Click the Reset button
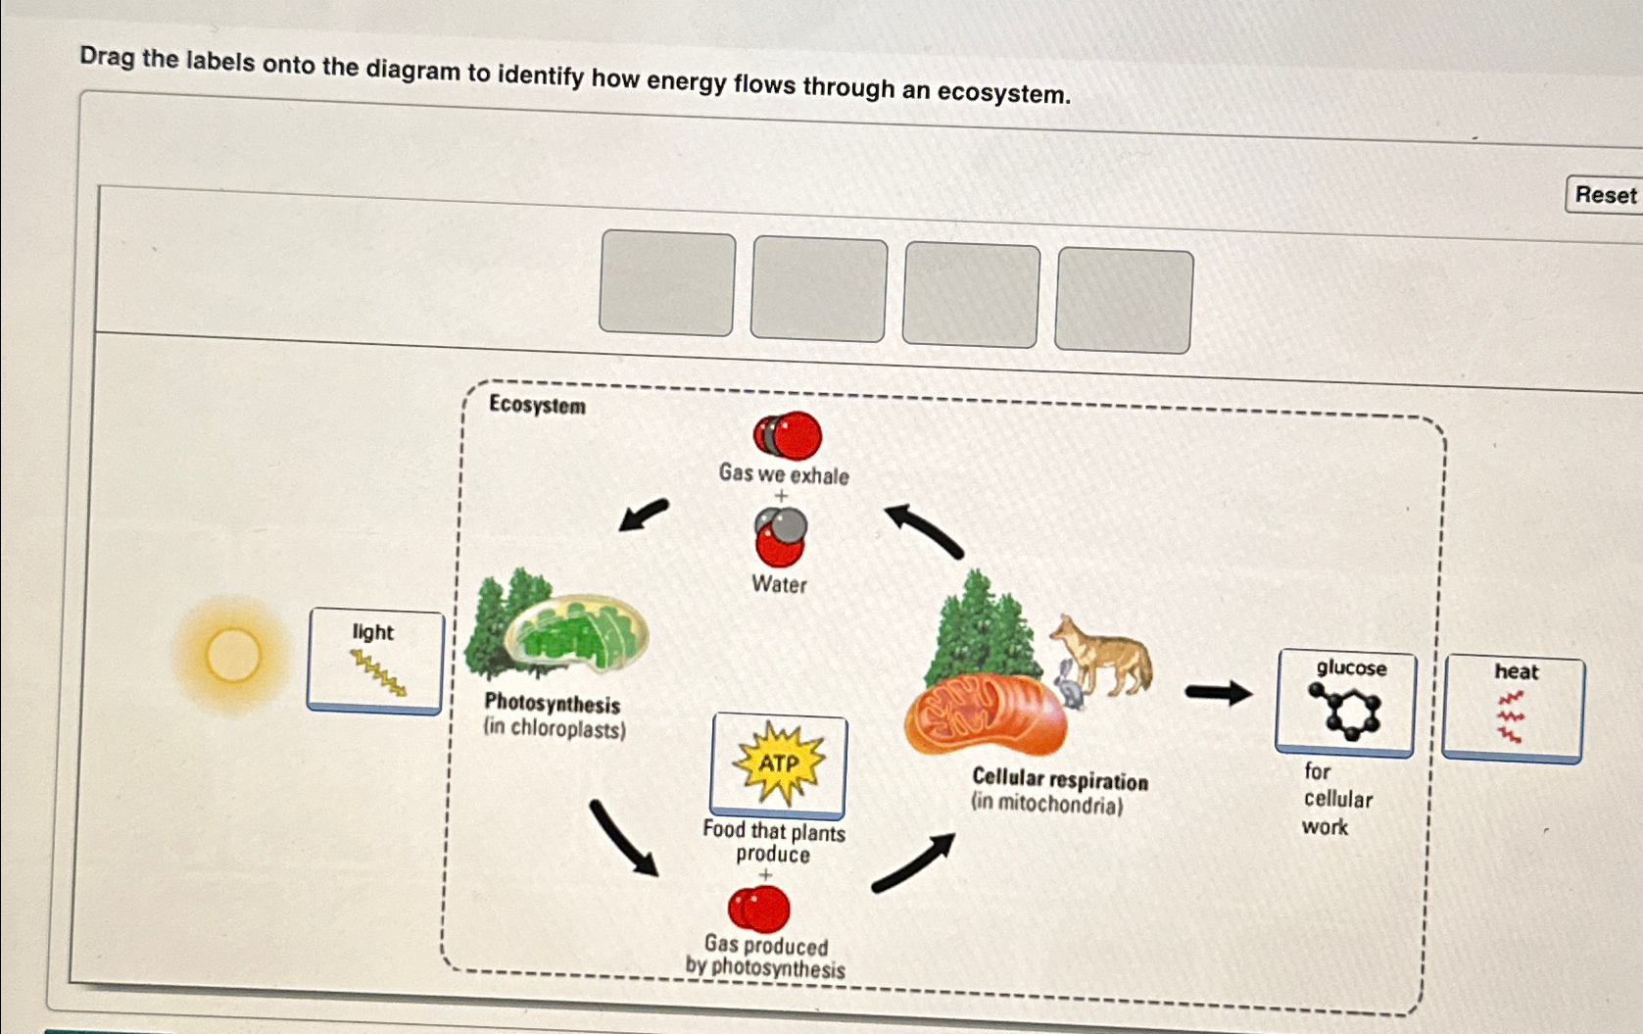1605,195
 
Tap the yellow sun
233,655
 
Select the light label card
375,661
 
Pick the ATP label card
778,764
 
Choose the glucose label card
1345,703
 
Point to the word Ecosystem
537,405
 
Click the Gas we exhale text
784,474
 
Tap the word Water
779,584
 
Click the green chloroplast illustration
575,634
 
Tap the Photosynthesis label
553,704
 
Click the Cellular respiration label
1060,780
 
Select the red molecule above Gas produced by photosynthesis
759,909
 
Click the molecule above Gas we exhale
788,435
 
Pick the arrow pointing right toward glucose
1218,693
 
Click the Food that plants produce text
774,842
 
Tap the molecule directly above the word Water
781,537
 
